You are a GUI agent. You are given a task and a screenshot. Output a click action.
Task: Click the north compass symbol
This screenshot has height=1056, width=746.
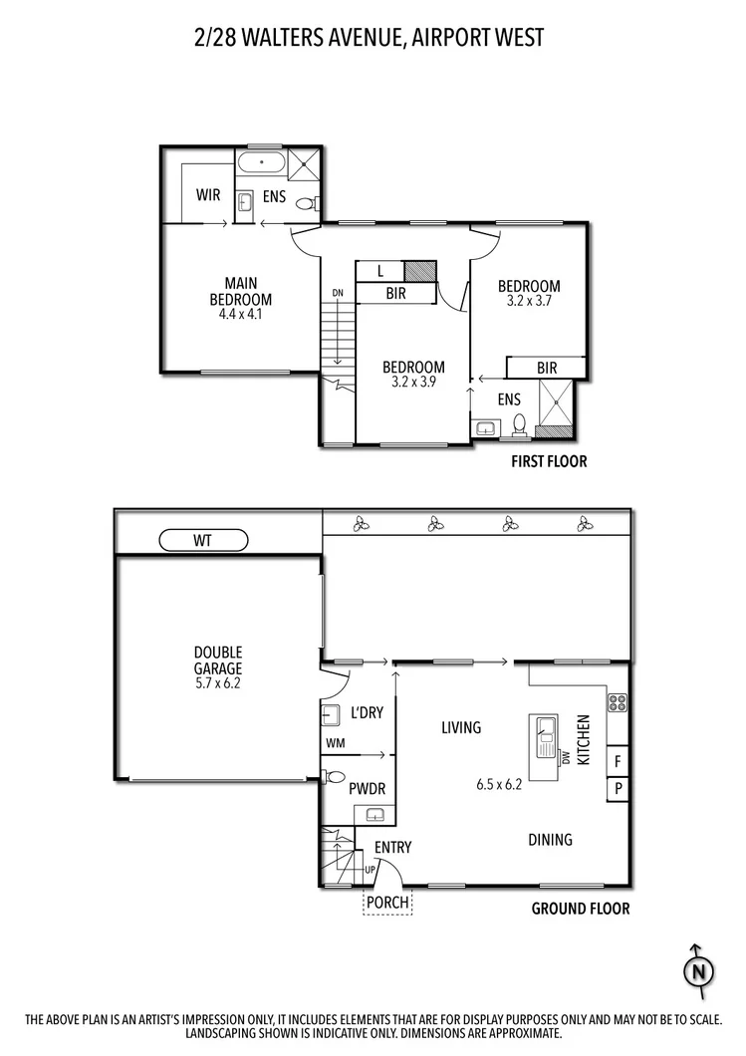click(700, 968)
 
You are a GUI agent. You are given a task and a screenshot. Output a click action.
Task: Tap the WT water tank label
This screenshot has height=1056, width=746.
click(203, 540)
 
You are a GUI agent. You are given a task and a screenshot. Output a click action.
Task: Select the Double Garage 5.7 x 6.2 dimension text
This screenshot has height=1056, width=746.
click(218, 684)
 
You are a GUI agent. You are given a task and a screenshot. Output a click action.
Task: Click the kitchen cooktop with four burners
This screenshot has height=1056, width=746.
click(617, 700)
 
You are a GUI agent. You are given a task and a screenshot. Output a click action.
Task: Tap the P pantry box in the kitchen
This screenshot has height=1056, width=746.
click(618, 788)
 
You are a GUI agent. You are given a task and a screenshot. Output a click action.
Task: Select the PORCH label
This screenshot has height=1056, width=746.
click(386, 903)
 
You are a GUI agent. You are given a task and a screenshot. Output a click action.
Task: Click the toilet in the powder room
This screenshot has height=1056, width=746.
click(335, 777)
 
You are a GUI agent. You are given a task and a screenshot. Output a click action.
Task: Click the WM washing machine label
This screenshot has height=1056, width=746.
click(334, 743)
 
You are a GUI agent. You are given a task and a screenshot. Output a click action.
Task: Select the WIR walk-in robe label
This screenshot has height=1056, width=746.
click(208, 195)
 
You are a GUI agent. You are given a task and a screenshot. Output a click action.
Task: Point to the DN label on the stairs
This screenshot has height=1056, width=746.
click(338, 292)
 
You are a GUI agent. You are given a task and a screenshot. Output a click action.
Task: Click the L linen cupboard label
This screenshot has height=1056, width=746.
click(382, 270)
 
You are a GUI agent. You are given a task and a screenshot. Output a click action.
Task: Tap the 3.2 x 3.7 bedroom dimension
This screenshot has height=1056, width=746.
click(529, 300)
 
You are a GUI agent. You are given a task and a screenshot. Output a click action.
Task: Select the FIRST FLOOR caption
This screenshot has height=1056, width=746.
click(548, 461)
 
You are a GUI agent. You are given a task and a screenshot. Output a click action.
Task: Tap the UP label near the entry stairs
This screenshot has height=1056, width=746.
click(372, 870)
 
